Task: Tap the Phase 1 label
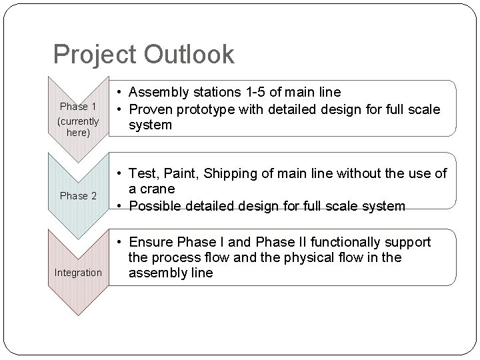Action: click(x=78, y=107)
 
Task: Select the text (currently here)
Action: click(x=78, y=127)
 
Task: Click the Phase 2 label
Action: click(x=78, y=196)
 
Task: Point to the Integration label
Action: click(x=78, y=272)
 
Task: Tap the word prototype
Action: click(x=203, y=109)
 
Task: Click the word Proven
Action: click(x=151, y=109)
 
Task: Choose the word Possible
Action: click(x=153, y=205)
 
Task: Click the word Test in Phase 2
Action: click(x=142, y=173)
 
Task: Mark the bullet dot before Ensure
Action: click(x=119, y=241)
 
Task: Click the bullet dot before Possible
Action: click(x=119, y=205)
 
